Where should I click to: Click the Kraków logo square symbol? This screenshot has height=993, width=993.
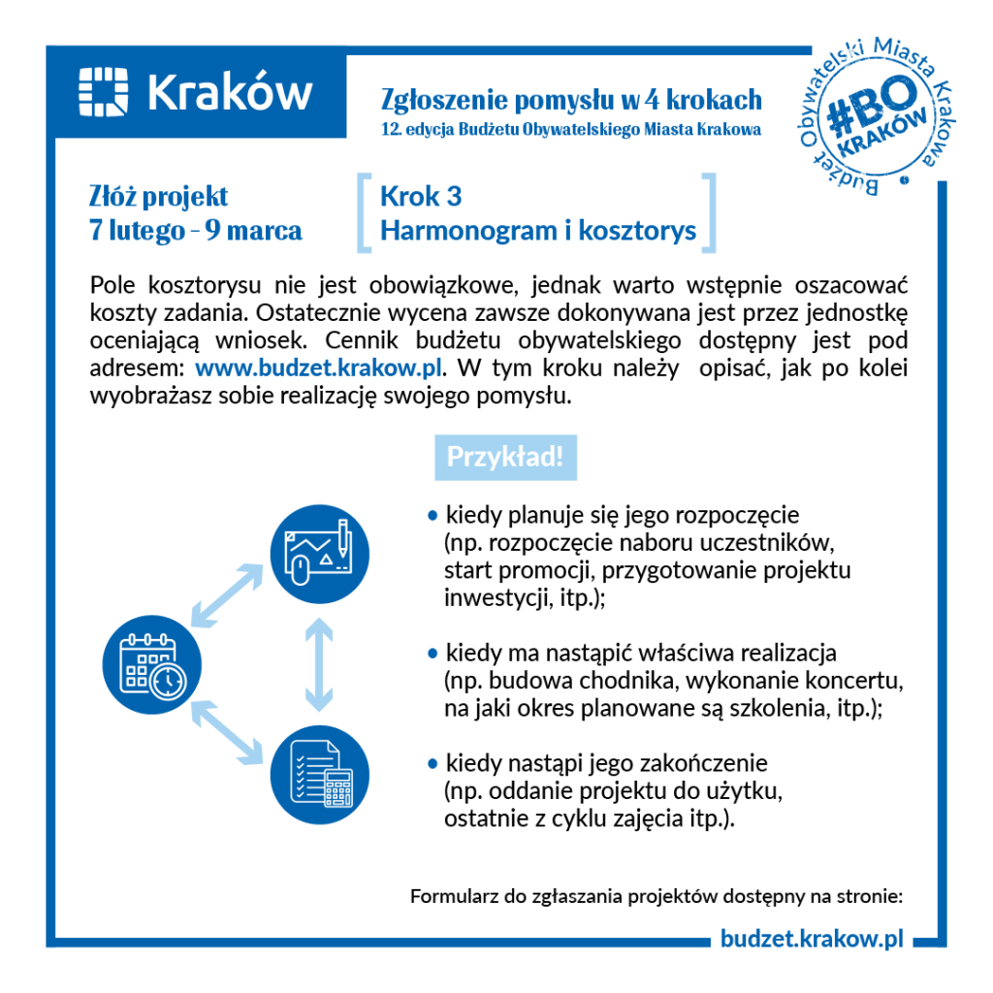pos(103,91)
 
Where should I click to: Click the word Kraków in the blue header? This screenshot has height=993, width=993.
pos(231,92)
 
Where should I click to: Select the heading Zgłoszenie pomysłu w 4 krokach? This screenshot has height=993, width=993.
pos(571,99)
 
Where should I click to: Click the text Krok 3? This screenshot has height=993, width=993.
pos(420,197)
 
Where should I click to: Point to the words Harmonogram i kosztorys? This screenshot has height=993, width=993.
pos(538,231)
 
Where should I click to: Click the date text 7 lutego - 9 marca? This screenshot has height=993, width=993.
pos(195,231)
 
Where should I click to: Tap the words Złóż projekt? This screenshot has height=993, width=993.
pos(158,197)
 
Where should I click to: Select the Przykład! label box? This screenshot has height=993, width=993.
pos(505,457)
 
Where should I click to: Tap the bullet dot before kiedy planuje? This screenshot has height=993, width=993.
pos(432,515)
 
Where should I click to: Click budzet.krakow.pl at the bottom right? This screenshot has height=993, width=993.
pos(812,938)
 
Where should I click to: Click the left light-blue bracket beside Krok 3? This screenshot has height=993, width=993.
pos(365,213)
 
